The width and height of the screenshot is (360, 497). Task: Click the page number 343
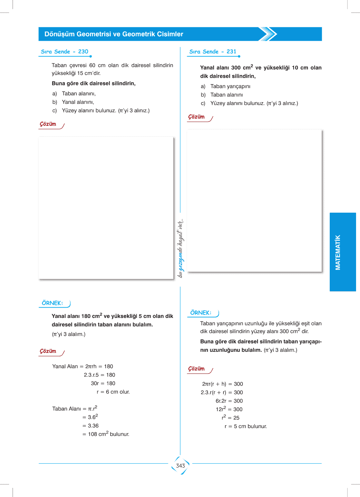180,466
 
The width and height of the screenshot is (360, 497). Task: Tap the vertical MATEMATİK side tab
338,252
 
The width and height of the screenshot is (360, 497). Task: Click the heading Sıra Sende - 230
64,52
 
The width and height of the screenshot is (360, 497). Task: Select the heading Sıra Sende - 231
213,52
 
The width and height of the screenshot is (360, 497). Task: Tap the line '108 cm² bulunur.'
106,434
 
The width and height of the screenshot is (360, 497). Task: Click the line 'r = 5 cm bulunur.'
246,426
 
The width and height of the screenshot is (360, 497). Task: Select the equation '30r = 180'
103,383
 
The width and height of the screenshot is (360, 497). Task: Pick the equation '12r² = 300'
229,409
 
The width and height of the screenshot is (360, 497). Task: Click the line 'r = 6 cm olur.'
113,392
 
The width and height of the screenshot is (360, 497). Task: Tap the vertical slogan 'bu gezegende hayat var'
180,248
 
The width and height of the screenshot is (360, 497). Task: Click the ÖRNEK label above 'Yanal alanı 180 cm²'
52,303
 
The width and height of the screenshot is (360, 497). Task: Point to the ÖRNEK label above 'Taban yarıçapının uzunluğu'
201,313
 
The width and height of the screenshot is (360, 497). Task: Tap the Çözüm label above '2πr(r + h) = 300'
197,369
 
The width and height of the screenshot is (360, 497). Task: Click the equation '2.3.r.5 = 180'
99,375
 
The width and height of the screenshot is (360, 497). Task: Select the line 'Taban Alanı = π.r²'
75,409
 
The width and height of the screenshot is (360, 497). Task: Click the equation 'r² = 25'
230,418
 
